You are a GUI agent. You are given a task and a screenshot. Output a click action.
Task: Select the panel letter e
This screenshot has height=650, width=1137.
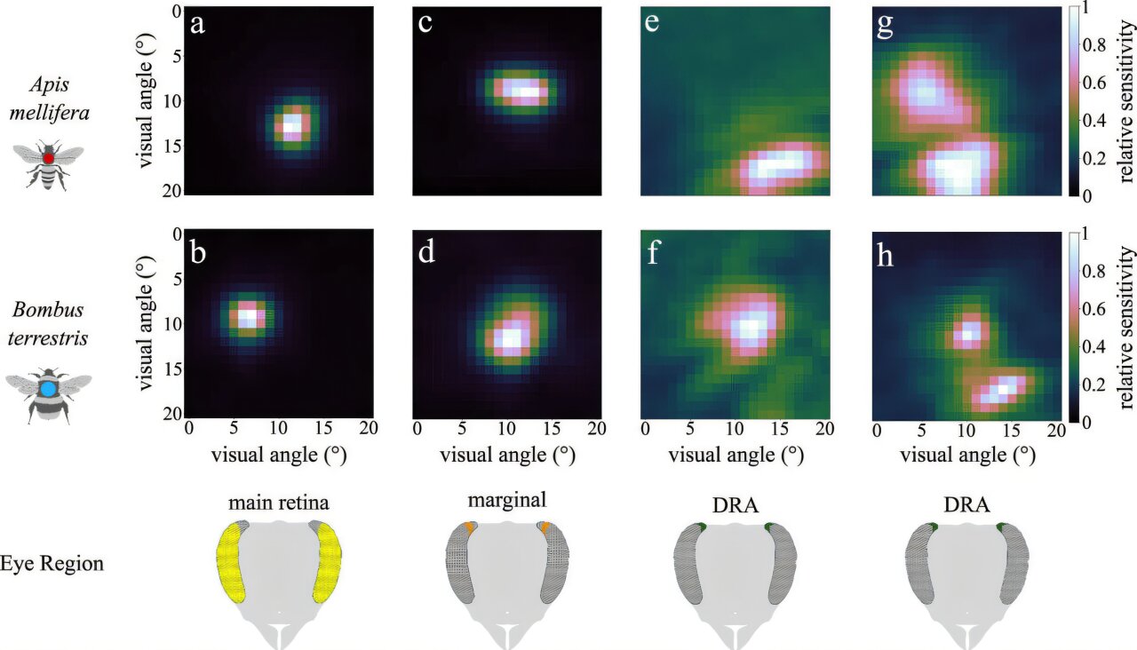tap(654, 24)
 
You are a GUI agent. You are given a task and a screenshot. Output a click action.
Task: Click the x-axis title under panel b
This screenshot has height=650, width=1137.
tap(277, 455)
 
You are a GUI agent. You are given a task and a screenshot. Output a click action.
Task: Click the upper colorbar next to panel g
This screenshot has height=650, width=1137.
tap(1073, 100)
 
